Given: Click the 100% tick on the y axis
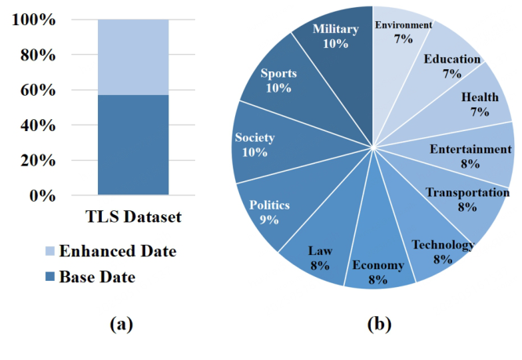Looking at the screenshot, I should pyautogui.click(x=33, y=20).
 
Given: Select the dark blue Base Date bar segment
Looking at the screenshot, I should pyautogui.click(x=132, y=144).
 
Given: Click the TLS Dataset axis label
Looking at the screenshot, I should pyautogui.click(x=132, y=217).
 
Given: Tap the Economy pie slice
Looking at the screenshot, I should pyautogui.click(x=379, y=271).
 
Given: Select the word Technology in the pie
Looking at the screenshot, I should pyautogui.click(x=443, y=245).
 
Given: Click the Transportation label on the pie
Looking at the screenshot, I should pyautogui.click(x=467, y=192).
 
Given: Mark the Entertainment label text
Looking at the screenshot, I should pyautogui.click(x=470, y=149).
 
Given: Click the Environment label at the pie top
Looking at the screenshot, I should pyautogui.click(x=403, y=24).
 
